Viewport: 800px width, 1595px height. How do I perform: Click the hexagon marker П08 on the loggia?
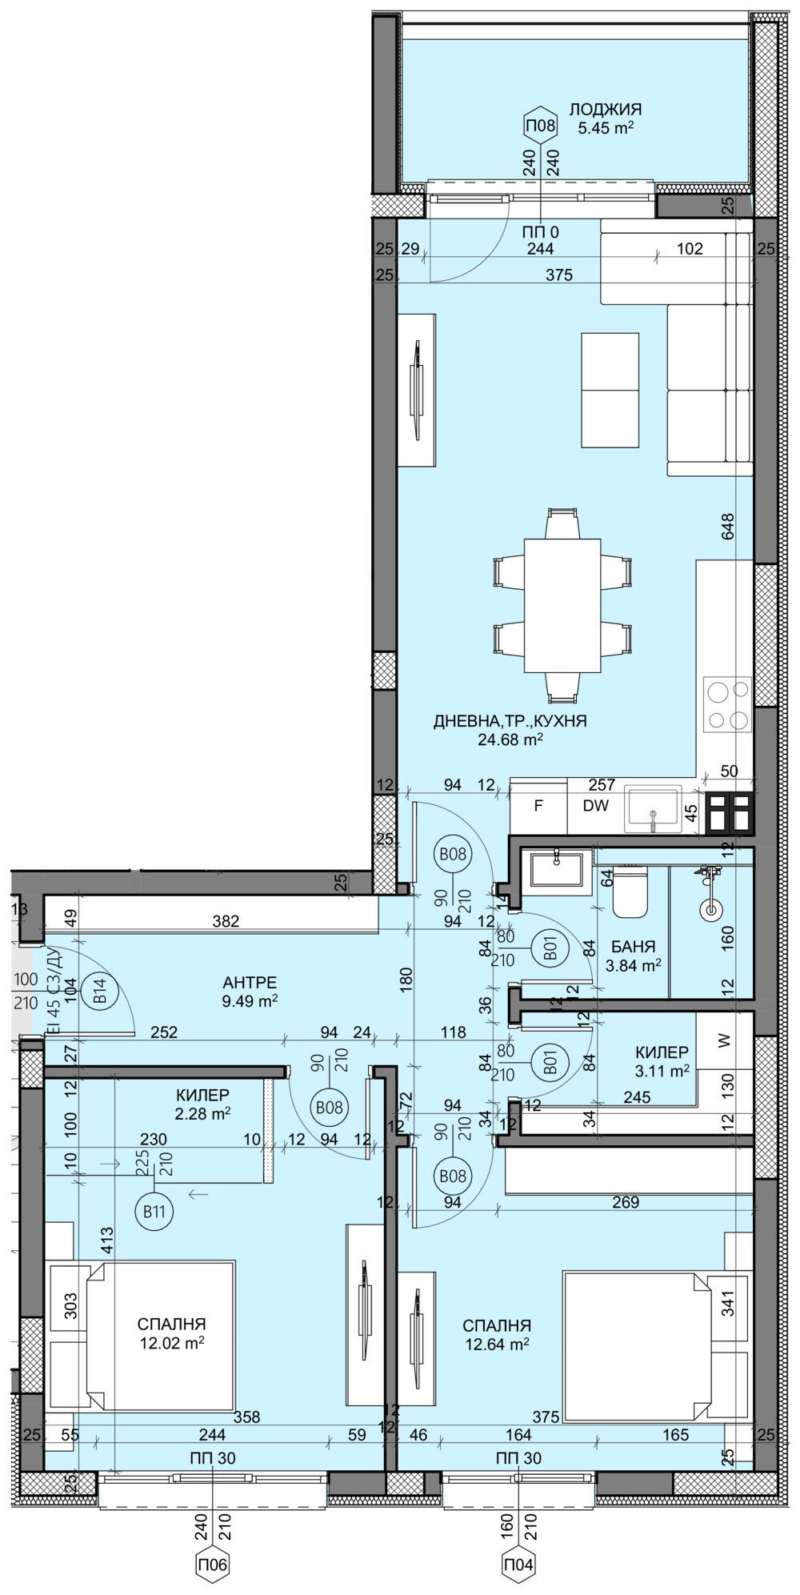(540, 125)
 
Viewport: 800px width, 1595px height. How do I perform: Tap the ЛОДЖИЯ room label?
(606, 110)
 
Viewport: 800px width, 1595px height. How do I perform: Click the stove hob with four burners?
(727, 704)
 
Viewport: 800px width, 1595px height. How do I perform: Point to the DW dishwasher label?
(594, 807)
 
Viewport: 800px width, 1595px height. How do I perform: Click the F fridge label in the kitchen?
(538, 807)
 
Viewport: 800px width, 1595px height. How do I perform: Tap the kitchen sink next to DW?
(654, 810)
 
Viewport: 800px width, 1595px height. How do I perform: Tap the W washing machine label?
(725, 1041)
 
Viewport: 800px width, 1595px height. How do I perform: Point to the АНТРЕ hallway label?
(250, 982)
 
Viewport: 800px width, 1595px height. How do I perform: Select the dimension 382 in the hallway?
(226, 921)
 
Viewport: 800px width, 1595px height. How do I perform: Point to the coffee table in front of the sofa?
(610, 391)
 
